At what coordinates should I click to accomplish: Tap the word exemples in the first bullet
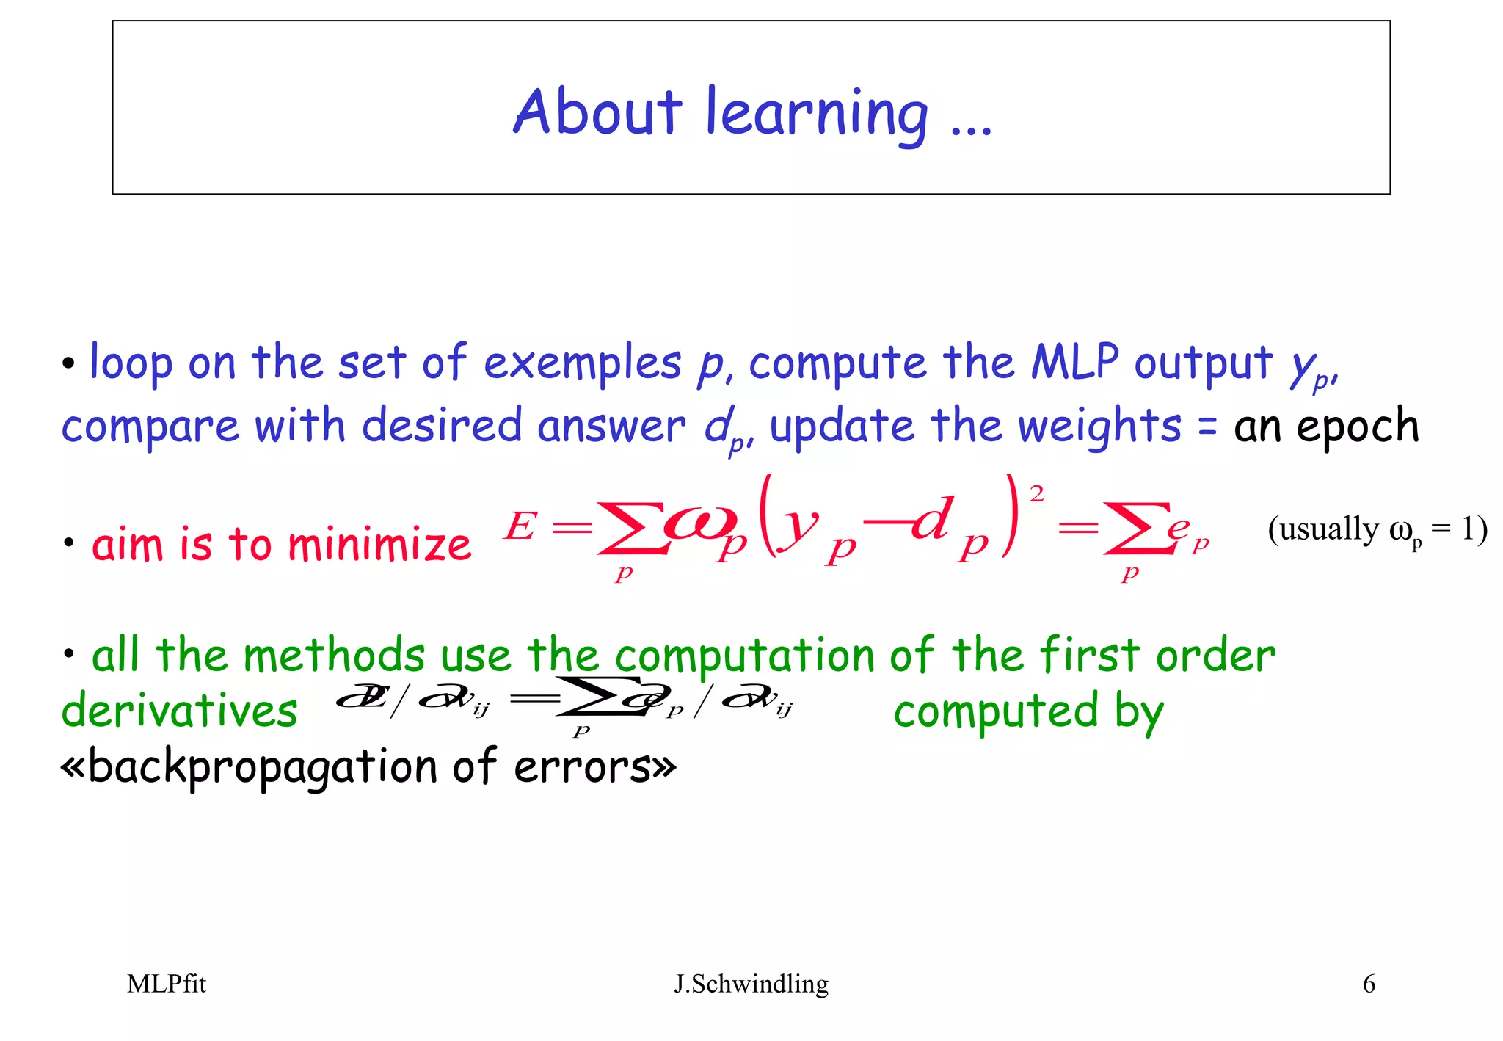[x=583, y=363]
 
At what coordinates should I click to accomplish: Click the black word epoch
[x=1358, y=427]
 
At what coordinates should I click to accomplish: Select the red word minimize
[x=379, y=545]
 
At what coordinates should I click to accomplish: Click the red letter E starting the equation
[x=520, y=526]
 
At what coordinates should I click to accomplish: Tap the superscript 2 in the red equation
[x=1036, y=494]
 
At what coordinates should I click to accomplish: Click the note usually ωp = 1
[x=1377, y=529]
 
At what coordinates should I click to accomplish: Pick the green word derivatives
[x=180, y=711]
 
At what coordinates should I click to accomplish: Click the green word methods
[x=334, y=655]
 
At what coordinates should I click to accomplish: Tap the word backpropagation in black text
[x=262, y=768]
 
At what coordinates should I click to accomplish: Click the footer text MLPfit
[x=167, y=984]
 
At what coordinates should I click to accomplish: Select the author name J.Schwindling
[x=751, y=984]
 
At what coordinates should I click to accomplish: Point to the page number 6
[x=1369, y=984]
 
